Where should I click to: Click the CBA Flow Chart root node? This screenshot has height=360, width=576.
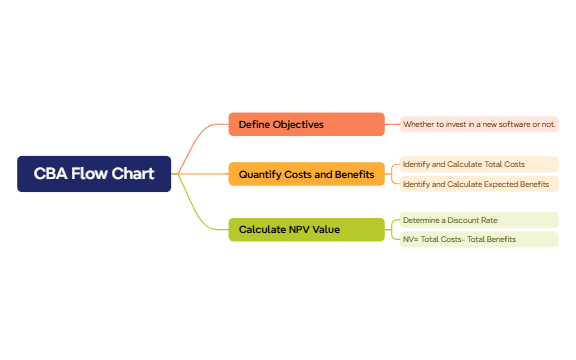click(x=94, y=174)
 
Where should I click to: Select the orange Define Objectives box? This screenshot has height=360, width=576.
click(x=306, y=124)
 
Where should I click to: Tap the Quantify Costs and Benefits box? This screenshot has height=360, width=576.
click(x=306, y=174)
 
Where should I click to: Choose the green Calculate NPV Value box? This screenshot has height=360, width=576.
click(x=306, y=229)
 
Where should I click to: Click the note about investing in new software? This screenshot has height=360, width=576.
click(x=479, y=124)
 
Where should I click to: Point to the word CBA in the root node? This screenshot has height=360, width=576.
click(x=51, y=174)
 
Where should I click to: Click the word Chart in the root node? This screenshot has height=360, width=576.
click(x=133, y=174)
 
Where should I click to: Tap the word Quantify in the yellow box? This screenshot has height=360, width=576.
click(x=260, y=175)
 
